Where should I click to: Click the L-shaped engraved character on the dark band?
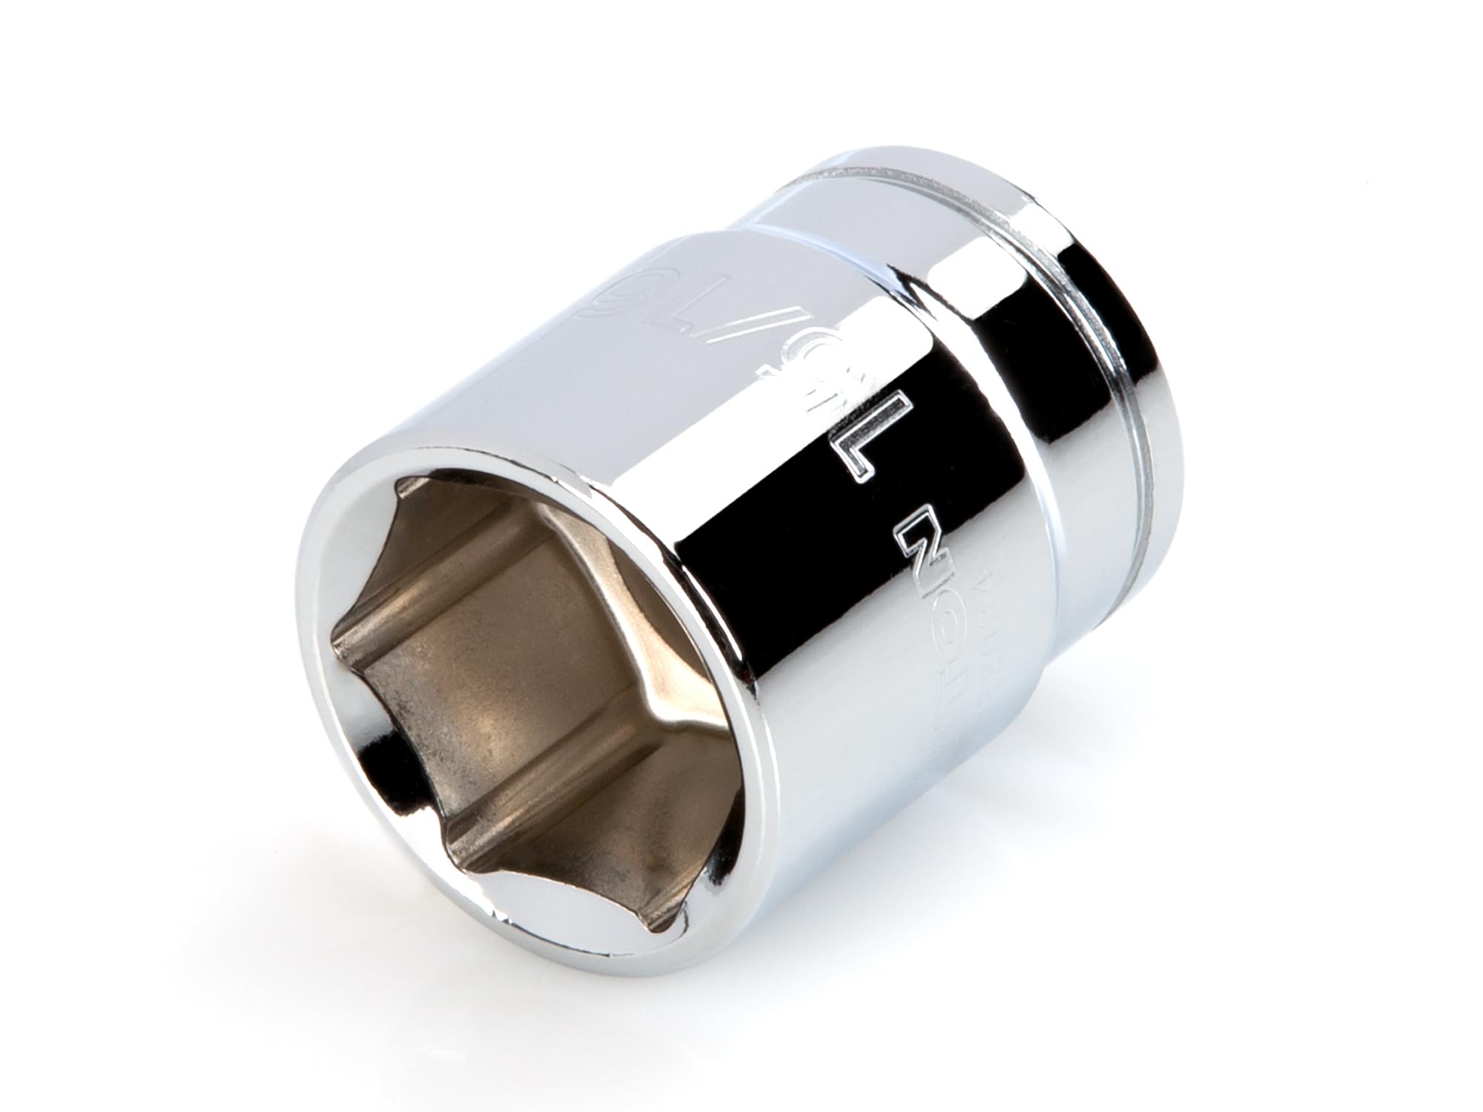click(x=879, y=445)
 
